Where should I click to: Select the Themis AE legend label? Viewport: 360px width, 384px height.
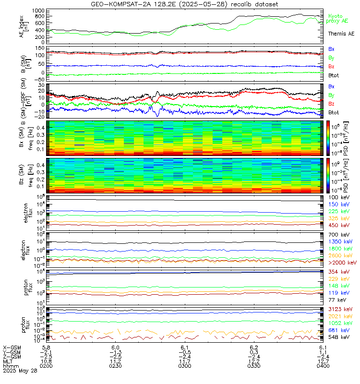tap(341, 34)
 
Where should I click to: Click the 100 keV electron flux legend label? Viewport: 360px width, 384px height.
tap(338, 198)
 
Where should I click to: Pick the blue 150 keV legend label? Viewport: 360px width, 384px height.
tap(338, 204)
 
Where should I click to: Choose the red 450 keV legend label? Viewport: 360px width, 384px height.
tap(338, 225)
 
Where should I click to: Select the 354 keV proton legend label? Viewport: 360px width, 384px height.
tap(338, 272)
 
